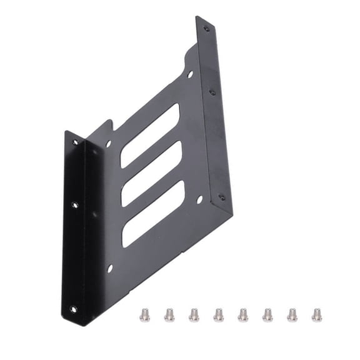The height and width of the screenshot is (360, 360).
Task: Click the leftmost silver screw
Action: (145, 314)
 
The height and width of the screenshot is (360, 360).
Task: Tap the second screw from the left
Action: (169, 314)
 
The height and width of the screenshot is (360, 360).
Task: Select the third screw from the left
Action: (194, 314)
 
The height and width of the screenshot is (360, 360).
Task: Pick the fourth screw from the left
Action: (218, 314)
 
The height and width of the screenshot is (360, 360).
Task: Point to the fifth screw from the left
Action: (242, 314)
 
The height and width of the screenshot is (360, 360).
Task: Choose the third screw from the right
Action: (267, 314)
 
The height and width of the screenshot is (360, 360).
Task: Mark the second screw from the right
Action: (292, 314)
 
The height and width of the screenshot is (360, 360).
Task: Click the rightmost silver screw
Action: (316, 314)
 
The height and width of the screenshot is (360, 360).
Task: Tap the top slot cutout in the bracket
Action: (150, 135)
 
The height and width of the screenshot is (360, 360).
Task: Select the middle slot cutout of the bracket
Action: (152, 174)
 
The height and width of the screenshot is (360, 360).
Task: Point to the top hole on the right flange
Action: (206, 27)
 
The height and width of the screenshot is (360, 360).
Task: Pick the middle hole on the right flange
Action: (212, 92)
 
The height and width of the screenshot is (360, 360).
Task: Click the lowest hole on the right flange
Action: (222, 197)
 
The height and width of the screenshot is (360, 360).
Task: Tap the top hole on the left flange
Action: (76, 142)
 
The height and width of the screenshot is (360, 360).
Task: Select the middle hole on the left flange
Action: (75, 204)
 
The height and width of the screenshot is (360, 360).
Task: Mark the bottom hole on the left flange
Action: (73, 308)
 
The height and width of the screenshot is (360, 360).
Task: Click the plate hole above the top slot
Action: (190, 74)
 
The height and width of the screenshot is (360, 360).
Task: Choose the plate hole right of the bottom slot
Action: (199, 201)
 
